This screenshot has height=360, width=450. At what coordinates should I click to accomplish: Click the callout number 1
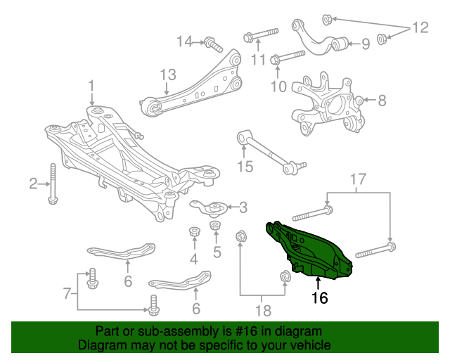[91, 86]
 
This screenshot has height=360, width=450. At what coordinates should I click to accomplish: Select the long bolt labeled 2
[53, 184]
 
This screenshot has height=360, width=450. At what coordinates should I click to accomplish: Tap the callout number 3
[243, 207]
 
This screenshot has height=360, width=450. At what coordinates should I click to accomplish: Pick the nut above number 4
[193, 231]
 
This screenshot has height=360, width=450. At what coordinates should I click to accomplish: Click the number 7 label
[67, 292]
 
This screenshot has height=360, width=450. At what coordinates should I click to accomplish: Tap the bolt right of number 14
[212, 44]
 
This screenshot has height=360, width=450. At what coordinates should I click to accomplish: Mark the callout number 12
[419, 28]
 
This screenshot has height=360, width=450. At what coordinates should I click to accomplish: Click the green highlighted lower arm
[309, 250]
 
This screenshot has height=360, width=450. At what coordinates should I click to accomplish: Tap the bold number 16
[319, 298]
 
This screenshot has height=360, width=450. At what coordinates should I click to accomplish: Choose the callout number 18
[262, 309]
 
